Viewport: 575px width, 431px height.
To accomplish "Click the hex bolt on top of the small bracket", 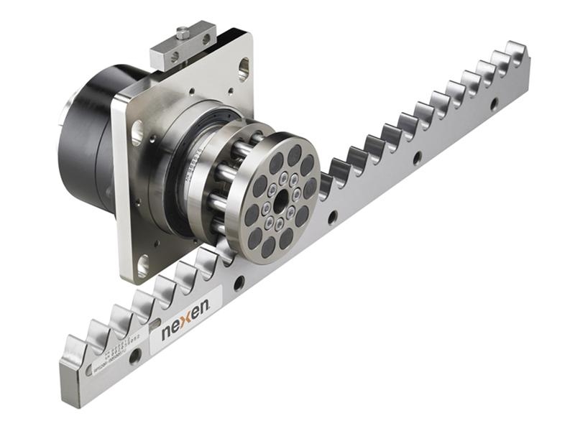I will coord(183,32).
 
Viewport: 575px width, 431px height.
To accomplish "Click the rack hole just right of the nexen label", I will coord(239,283).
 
